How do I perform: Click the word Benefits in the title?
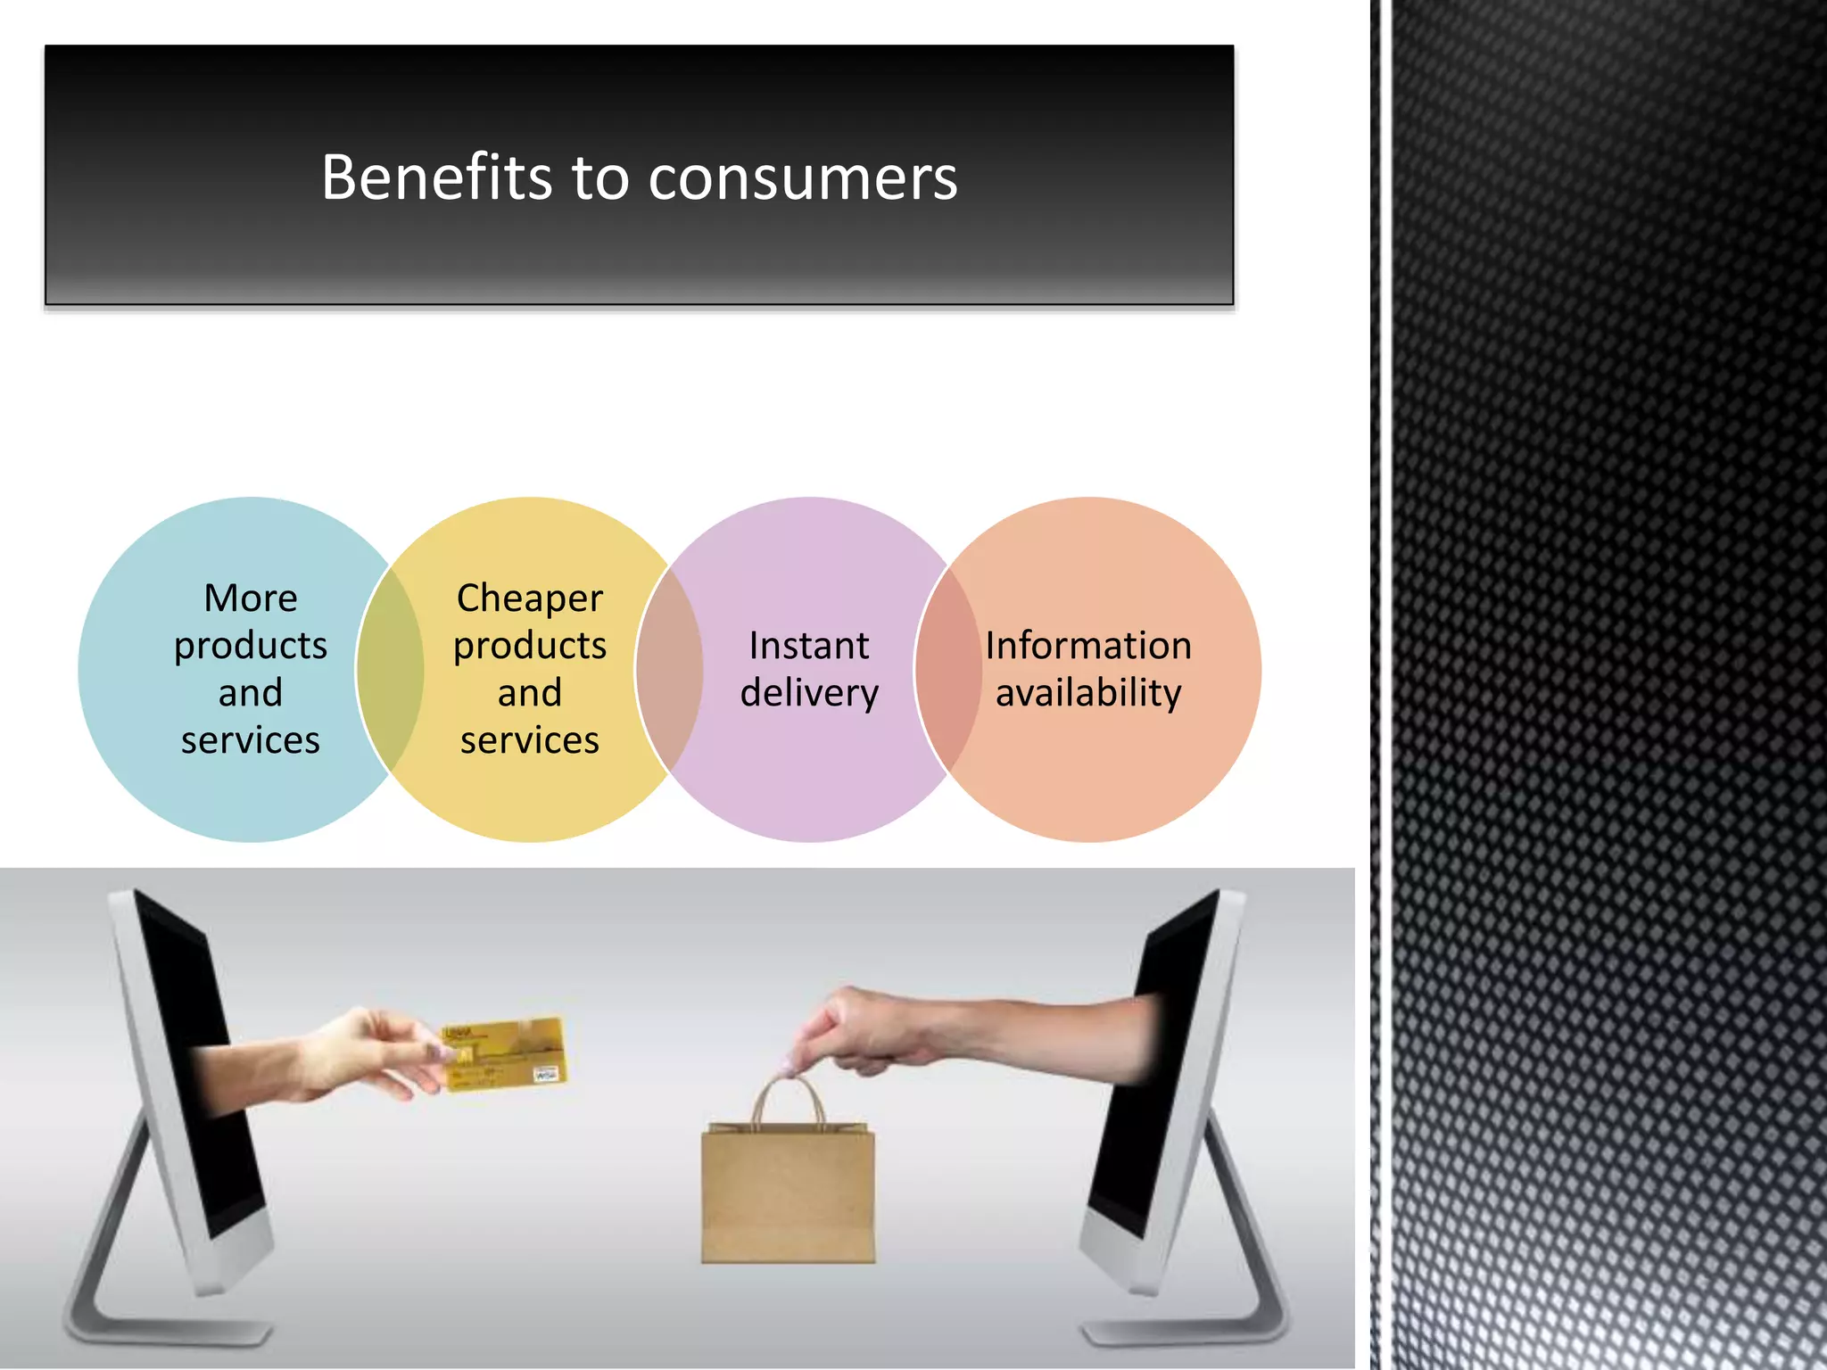(436, 177)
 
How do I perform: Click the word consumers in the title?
(802, 178)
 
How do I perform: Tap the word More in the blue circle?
(251, 598)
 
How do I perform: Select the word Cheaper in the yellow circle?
(530, 598)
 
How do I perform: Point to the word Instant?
(808, 646)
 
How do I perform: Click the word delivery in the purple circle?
(809, 694)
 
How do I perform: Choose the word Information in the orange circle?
(1088, 646)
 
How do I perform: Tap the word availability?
(1088, 694)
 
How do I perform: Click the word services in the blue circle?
(251, 740)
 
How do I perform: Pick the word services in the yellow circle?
(530, 740)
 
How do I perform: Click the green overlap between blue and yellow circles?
(390, 669)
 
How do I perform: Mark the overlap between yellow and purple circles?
(669, 669)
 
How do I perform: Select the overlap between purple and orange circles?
(948, 669)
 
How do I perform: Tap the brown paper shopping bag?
(788, 1195)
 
